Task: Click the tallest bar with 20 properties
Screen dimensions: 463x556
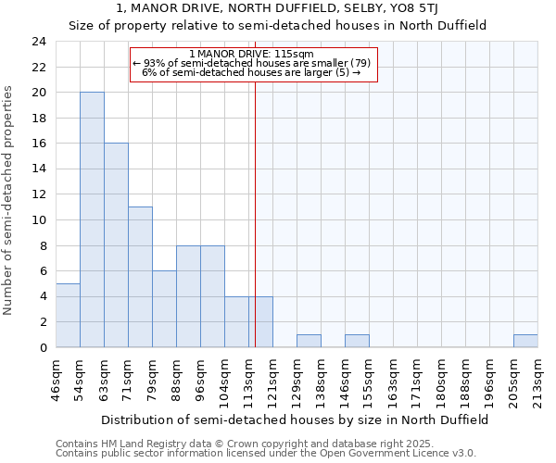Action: (92, 219)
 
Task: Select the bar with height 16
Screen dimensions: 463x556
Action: (116, 245)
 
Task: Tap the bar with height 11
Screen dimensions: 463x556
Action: (140, 277)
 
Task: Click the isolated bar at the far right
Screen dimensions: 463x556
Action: (525, 341)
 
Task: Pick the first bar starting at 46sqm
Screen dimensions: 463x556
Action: (68, 315)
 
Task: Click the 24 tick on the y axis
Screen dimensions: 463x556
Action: (39, 42)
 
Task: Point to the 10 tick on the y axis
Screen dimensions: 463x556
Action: (39, 220)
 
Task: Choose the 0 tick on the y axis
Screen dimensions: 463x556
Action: (43, 347)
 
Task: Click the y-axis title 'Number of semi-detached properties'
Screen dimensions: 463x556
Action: (10, 200)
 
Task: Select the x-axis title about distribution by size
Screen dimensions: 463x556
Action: (295, 419)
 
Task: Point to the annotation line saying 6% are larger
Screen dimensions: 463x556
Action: (251, 72)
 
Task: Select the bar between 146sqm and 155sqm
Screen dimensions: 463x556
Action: (357, 341)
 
